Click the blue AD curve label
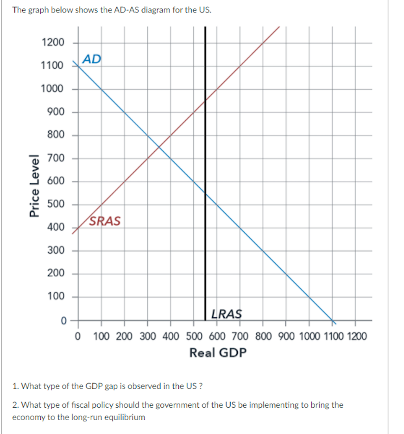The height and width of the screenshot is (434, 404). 92,59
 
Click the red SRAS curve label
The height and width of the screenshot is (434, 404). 105,221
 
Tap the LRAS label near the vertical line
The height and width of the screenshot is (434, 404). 226,314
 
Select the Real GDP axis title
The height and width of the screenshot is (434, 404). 218,353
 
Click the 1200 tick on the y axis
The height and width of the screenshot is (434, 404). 53,43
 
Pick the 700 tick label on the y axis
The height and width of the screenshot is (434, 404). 56,158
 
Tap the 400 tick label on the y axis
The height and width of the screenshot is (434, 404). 56,228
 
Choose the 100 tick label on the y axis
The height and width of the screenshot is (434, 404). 56,297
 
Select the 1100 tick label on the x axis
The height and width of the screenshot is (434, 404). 332,335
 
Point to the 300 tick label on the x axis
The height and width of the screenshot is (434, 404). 148,335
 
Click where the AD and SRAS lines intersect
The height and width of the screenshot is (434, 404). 159,147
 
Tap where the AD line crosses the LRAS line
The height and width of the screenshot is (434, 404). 205,193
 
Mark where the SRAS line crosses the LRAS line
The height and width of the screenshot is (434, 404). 205,100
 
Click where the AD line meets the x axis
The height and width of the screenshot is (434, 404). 332,320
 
